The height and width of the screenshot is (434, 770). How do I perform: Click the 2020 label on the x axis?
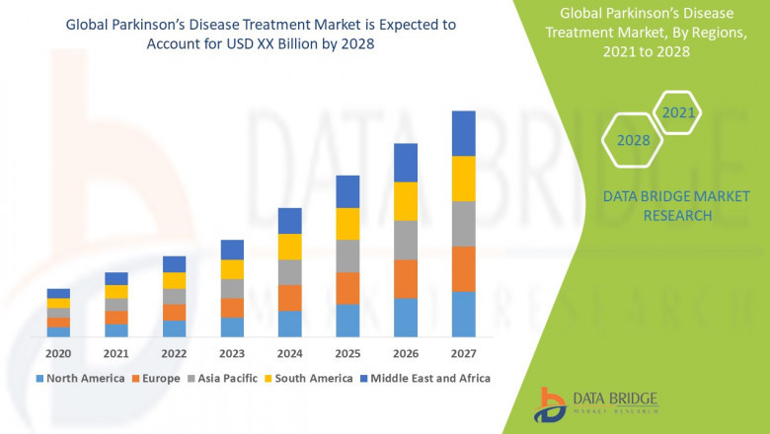click(58, 353)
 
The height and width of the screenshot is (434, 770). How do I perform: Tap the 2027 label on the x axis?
click(463, 353)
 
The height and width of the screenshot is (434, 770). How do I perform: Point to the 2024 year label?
click(289, 353)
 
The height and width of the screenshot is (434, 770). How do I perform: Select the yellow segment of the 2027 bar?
click(463, 179)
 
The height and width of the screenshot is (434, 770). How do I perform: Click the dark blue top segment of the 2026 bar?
click(406, 163)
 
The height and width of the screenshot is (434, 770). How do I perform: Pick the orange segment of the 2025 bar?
click(347, 288)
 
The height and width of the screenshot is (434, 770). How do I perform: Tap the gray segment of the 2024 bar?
click(289, 272)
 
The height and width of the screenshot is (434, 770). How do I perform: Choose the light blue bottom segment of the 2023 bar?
click(232, 326)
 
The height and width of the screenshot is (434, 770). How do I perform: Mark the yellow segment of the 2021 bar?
click(116, 291)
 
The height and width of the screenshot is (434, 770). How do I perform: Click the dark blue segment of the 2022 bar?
click(174, 263)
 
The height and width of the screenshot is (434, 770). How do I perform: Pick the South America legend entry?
click(310, 378)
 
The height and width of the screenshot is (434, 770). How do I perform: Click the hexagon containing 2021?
click(677, 113)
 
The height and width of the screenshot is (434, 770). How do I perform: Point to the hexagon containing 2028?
click(633, 140)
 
